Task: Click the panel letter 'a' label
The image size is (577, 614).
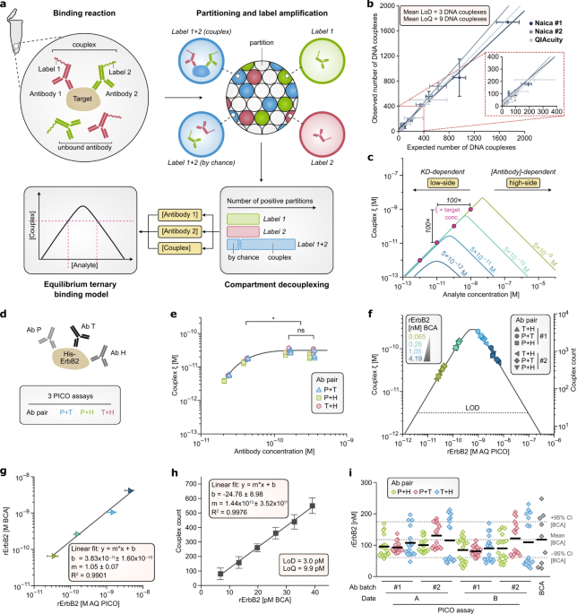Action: point(5,6)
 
